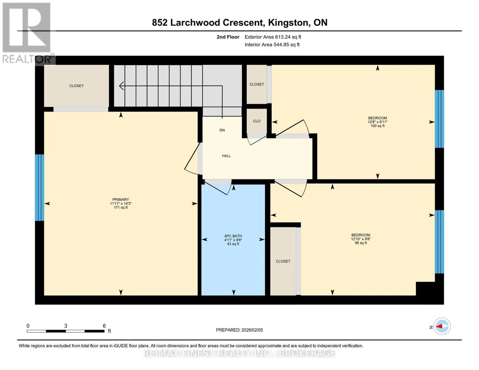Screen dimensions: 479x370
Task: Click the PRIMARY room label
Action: click(x=121, y=199)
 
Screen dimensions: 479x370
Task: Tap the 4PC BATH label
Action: click(x=233, y=236)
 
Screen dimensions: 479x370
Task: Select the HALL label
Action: click(x=226, y=156)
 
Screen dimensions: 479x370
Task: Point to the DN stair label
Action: click(x=222, y=130)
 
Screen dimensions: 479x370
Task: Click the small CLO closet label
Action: click(x=257, y=121)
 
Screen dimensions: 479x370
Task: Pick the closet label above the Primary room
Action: click(x=76, y=86)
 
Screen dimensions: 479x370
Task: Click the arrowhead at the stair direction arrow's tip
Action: click(x=121, y=86)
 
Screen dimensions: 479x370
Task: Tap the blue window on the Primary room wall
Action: click(x=39, y=187)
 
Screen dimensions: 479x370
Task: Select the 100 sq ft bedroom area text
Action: click(x=378, y=126)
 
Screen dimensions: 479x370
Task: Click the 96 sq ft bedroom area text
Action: click(x=361, y=243)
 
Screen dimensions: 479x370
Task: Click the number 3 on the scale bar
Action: click(x=66, y=326)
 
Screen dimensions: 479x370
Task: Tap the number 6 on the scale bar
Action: click(x=104, y=326)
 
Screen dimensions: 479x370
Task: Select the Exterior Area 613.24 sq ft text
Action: click(x=273, y=37)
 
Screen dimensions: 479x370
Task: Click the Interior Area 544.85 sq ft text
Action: click(x=272, y=44)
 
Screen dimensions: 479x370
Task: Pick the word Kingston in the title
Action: click(x=288, y=23)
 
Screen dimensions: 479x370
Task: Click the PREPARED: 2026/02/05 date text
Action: click(x=239, y=330)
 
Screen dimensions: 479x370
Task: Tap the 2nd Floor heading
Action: click(x=228, y=37)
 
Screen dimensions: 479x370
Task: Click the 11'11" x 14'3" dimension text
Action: click(x=121, y=203)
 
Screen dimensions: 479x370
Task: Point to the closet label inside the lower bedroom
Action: click(x=283, y=261)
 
